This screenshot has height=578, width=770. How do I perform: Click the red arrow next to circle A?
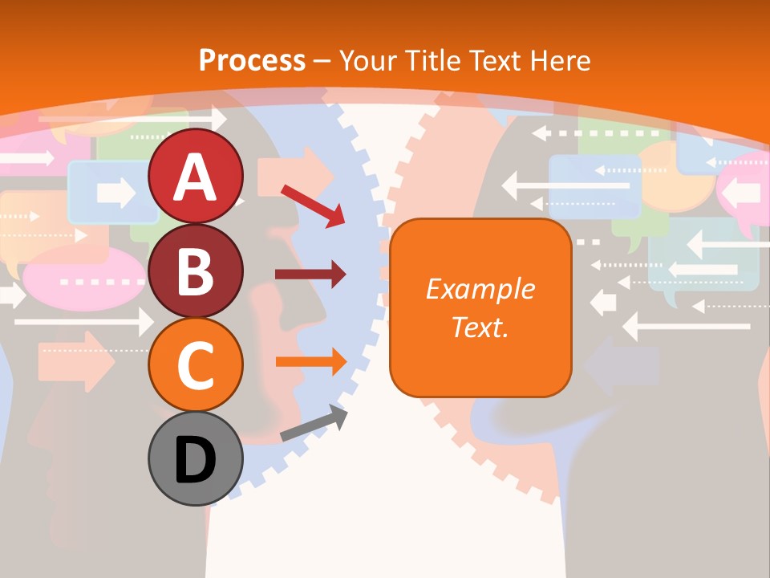[x=313, y=206]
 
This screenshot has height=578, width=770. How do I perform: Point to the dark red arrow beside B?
[x=310, y=275]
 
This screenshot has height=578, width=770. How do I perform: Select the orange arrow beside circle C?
[x=310, y=361]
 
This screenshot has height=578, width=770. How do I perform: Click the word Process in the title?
[x=252, y=60]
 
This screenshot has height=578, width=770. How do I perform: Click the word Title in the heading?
[x=432, y=60]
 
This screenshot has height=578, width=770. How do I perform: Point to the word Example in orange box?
[x=480, y=289]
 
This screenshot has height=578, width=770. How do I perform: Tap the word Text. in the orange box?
[x=480, y=327]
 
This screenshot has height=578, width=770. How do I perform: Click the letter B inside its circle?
[x=196, y=271]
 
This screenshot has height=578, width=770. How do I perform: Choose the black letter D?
[x=196, y=459]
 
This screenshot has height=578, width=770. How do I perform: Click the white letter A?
[x=196, y=177]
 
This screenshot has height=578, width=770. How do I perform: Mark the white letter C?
[x=196, y=365]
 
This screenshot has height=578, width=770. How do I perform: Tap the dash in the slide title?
[x=322, y=61]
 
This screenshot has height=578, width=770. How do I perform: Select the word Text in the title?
[x=497, y=60]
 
